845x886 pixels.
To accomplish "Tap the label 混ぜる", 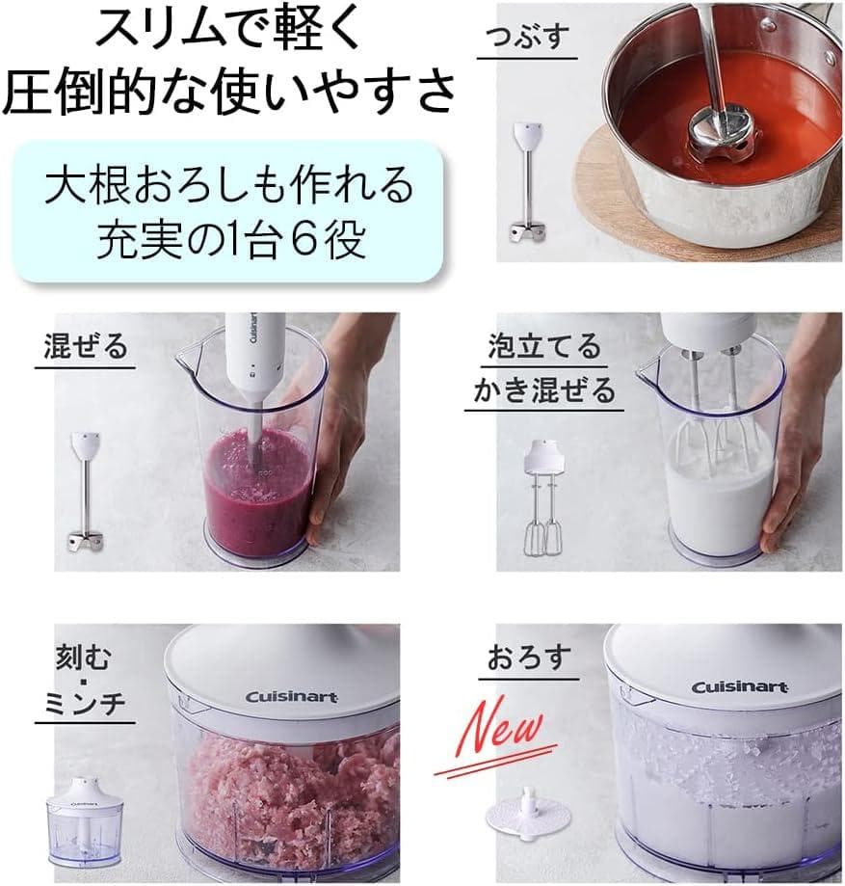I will pyautogui.click(x=86, y=346).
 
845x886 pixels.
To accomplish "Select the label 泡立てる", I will pyautogui.click(x=543, y=347).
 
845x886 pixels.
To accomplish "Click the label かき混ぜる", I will pyautogui.click(x=543, y=389).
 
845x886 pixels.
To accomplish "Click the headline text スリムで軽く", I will pyautogui.click(x=228, y=32).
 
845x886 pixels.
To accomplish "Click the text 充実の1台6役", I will pyautogui.click(x=230, y=238).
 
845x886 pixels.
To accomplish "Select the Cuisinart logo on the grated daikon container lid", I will pyautogui.click(x=738, y=686).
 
